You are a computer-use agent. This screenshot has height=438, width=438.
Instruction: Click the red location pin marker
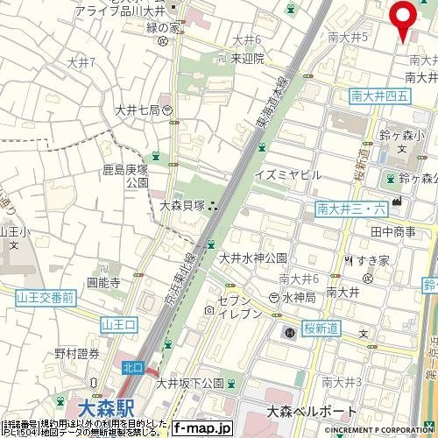pyautogui.click(x=403, y=19)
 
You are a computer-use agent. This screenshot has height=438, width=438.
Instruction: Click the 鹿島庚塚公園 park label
pyautogui.click(x=138, y=174)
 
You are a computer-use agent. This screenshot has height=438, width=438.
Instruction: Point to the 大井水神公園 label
pyautogui.click(x=253, y=258)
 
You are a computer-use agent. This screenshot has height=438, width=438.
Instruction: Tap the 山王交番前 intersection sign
pyautogui.click(x=45, y=298)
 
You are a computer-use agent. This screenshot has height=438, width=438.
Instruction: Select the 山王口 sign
pyautogui.click(x=120, y=325)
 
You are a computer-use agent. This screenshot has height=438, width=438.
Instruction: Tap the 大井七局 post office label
pyautogui.click(x=138, y=109)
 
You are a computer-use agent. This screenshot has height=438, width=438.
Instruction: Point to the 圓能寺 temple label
pyautogui.click(x=102, y=283)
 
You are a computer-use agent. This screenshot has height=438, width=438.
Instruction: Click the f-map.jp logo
pyautogui.click(x=201, y=428)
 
